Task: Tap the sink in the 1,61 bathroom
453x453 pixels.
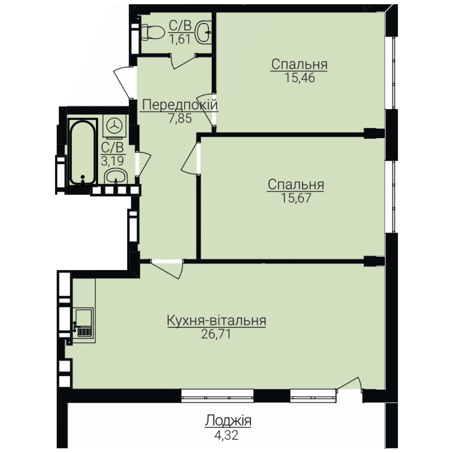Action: (204, 32)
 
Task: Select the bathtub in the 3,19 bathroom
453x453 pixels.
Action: (83, 153)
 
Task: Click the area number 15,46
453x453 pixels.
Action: (299, 78)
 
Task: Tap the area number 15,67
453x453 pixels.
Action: (296, 198)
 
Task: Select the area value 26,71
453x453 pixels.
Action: (216, 334)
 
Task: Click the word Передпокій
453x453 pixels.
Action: (180, 105)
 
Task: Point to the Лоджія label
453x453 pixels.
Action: (228, 421)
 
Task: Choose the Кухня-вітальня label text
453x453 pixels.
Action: (216, 321)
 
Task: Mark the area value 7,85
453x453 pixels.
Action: (180, 118)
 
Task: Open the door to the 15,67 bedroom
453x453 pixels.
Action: (190, 159)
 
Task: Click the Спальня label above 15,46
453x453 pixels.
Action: (299, 64)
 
